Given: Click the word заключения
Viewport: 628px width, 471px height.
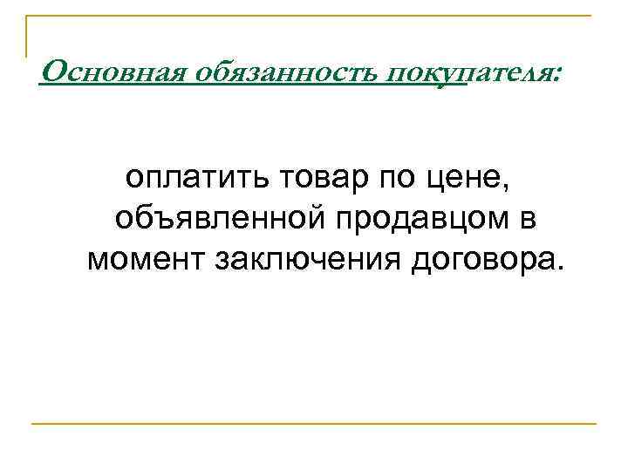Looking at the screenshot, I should point(313,259).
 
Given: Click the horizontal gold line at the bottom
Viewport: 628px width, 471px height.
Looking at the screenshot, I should point(314,424).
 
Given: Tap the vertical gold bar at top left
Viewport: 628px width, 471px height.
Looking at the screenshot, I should point(25,35).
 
